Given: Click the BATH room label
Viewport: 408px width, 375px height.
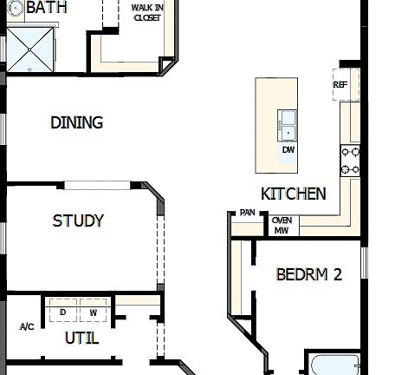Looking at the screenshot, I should click(x=47, y=8).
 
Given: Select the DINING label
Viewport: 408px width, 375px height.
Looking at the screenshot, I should click(x=76, y=122).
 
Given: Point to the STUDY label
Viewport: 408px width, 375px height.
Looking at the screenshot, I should click(x=78, y=220).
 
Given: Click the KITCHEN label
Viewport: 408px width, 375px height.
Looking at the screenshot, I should click(x=294, y=193).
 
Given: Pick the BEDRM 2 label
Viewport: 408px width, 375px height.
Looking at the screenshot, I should click(x=308, y=274).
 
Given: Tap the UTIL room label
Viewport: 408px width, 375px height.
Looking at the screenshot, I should click(x=81, y=338).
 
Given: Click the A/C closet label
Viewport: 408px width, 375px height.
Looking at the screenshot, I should click(x=26, y=326).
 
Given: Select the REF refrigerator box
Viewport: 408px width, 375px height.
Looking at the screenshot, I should click(x=340, y=85).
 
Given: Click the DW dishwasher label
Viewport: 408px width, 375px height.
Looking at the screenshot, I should click(x=288, y=149).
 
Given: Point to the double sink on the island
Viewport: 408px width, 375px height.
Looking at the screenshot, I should click(x=287, y=125).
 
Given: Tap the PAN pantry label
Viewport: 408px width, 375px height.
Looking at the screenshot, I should click(x=248, y=212).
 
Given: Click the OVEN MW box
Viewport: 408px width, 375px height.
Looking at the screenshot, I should click(x=282, y=226).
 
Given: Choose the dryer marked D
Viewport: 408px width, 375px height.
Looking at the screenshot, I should click(x=62, y=311).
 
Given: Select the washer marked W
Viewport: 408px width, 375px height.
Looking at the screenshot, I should click(x=93, y=311).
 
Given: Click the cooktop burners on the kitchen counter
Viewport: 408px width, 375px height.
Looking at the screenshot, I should click(x=351, y=160).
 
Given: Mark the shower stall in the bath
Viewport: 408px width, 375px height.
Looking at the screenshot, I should click(x=29, y=50).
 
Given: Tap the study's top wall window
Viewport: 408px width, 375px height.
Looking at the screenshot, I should click(x=98, y=184).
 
